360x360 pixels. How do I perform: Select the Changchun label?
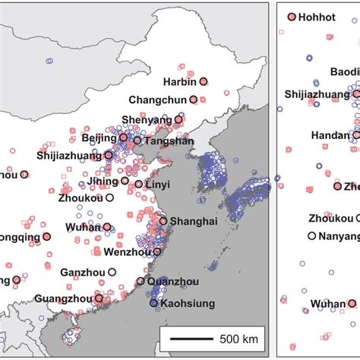tap(158, 99)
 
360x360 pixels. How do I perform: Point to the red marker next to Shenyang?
tap(178, 119)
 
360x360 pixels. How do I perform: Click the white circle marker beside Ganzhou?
tap(112, 272)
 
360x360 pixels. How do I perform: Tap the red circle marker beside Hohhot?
tap(291, 17)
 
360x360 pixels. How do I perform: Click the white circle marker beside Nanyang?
tap(312, 236)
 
